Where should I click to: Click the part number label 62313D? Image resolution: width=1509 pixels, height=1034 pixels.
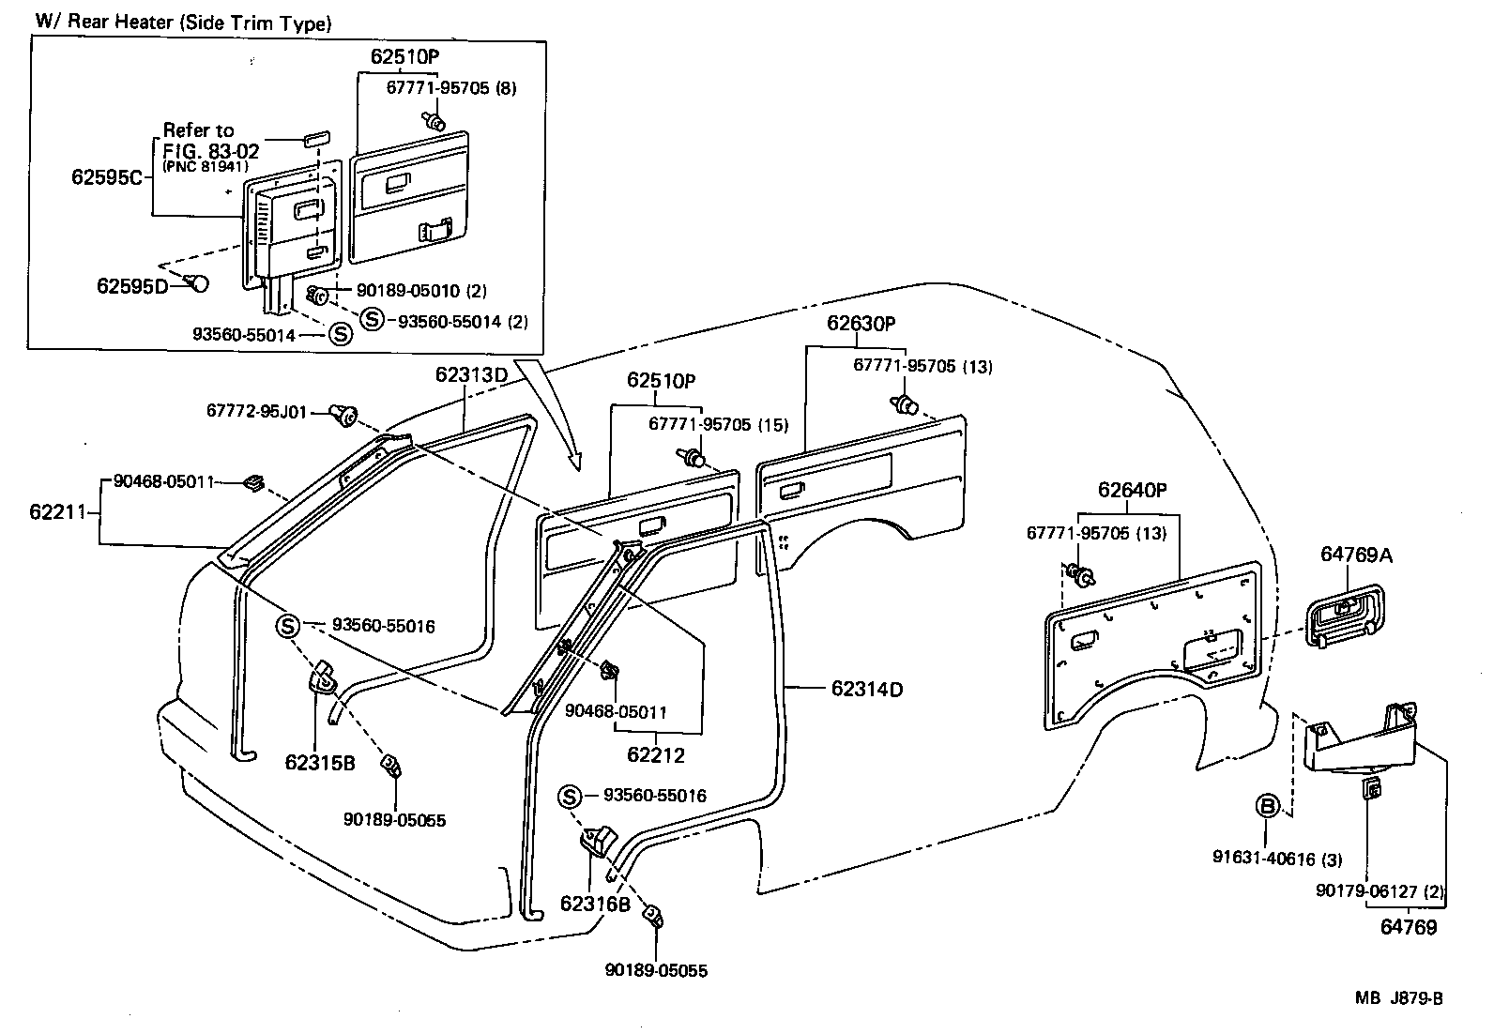[471, 374]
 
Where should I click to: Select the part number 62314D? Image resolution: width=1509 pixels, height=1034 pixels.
[867, 690]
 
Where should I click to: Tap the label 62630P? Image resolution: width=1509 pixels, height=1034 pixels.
[861, 324]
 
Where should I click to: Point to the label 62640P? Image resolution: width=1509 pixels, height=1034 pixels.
[1133, 490]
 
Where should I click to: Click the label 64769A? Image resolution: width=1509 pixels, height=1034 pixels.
[1356, 555]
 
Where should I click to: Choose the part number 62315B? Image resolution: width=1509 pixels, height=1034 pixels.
[320, 763]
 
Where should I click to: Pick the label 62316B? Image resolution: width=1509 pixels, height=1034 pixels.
[595, 904]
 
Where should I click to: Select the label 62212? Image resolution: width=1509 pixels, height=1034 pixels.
[656, 754]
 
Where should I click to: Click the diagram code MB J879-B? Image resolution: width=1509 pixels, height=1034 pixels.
[1397, 998]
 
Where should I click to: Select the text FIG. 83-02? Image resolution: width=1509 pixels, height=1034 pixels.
[210, 150]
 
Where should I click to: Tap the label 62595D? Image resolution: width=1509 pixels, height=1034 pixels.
[131, 285]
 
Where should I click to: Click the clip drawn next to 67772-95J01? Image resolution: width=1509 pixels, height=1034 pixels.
[344, 414]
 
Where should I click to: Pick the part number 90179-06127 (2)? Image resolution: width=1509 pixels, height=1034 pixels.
[1379, 891]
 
